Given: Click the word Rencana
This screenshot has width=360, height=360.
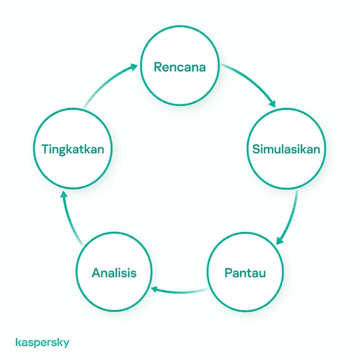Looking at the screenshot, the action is pyautogui.click(x=180, y=67).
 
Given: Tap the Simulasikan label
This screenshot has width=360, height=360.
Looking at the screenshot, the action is pyautogui.click(x=286, y=149).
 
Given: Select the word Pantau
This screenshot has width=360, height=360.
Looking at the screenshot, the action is pyautogui.click(x=245, y=273).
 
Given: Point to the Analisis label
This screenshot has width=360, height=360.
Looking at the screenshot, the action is pyautogui.click(x=114, y=273).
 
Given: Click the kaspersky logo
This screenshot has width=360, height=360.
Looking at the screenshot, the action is pyautogui.click(x=43, y=342).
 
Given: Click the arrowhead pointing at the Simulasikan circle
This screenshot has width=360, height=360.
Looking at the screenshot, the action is pyautogui.click(x=272, y=104).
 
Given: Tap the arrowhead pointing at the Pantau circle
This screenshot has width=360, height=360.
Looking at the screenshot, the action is pyautogui.click(x=280, y=240).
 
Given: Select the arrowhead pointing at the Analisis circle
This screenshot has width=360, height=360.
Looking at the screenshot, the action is pyautogui.click(x=154, y=290).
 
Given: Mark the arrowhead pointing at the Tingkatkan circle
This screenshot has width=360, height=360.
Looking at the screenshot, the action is pyautogui.click(x=64, y=194).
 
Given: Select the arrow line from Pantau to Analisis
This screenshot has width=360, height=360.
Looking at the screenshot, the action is pyautogui.click(x=180, y=292).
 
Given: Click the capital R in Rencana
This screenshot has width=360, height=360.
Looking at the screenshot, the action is pyautogui.click(x=158, y=67).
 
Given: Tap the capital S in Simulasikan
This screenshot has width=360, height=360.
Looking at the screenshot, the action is pyautogui.click(x=256, y=149).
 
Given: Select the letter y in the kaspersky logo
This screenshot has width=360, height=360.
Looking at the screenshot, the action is pyautogui.click(x=66, y=344).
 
